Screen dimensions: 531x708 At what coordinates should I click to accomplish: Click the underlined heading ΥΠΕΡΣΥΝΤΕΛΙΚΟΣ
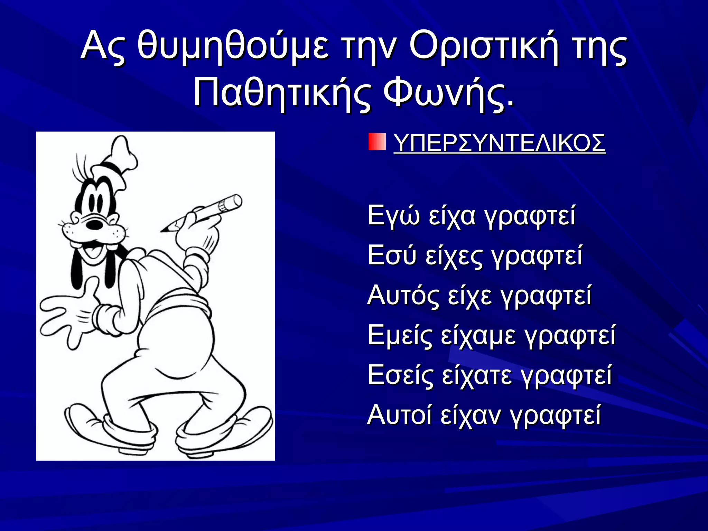[499, 143]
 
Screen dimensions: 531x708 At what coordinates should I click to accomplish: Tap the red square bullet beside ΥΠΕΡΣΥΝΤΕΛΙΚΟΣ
[377, 142]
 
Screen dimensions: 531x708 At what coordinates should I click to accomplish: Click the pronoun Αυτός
[403, 296]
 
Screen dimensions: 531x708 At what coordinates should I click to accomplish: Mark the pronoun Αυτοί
[399, 415]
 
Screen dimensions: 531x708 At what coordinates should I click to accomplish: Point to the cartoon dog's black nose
[94, 224]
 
